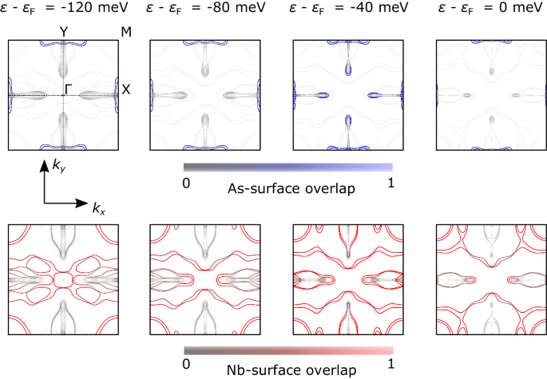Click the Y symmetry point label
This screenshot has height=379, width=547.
(x=63, y=32)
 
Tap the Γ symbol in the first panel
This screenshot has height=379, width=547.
(x=69, y=86)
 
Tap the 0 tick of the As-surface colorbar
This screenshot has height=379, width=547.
(x=185, y=182)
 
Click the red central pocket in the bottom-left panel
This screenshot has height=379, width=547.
(x=63, y=281)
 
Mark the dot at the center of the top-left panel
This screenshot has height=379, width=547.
(x=63, y=96)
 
